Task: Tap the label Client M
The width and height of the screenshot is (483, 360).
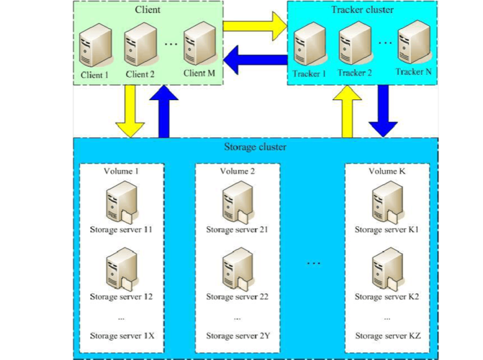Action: [x=199, y=73]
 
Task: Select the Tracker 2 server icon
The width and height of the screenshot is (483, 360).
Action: [x=354, y=43]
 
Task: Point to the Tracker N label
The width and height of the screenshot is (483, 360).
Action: [x=413, y=72]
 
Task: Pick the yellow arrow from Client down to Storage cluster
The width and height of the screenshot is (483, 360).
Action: [x=131, y=111]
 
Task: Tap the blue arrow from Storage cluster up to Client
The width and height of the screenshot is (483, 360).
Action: [x=167, y=111]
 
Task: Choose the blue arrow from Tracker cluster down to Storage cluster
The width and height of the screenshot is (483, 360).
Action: [x=383, y=111]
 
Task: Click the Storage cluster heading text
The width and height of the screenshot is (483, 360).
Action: [x=255, y=147]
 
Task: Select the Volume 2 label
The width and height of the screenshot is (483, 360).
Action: [x=238, y=171]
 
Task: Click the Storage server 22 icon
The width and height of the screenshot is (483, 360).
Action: [x=237, y=268]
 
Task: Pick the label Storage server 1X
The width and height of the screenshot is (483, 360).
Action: [x=122, y=336]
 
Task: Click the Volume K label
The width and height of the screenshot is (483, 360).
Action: [x=387, y=171]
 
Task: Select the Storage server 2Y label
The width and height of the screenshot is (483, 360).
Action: [x=238, y=336]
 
